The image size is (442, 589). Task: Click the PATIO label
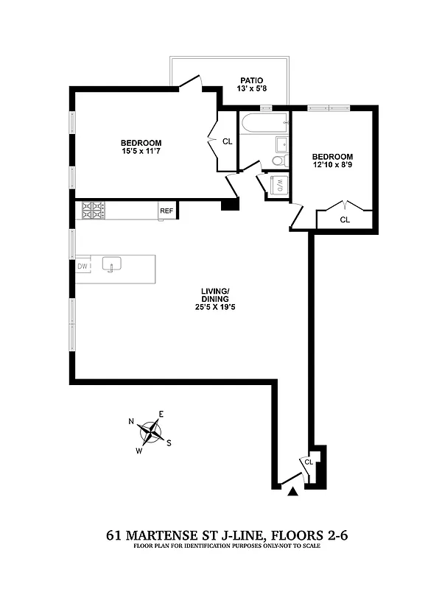coord(251,80)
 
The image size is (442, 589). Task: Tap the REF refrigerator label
coord(166,211)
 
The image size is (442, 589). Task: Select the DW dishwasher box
coord(83,266)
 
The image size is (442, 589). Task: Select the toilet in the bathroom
coord(278,161)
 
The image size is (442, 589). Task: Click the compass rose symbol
coord(151,431)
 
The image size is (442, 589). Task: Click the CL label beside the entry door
coord(309,462)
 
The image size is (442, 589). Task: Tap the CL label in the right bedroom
coord(345,219)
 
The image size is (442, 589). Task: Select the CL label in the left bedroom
coord(228,141)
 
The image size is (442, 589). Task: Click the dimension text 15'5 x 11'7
coord(141,152)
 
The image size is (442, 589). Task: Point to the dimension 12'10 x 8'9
coord(332,166)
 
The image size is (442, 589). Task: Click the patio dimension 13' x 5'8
coord(251,89)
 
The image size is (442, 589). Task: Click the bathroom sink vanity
coord(281,143)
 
